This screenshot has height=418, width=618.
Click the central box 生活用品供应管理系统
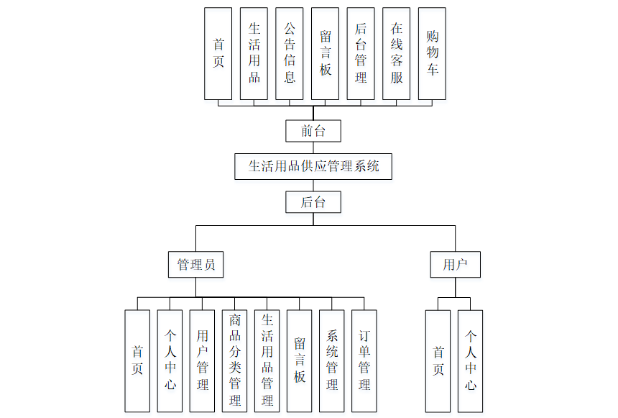[x=313, y=166]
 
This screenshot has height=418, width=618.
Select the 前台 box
[x=313, y=131]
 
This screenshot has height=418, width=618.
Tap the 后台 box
[x=313, y=202]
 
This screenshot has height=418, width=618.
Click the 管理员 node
[x=196, y=264]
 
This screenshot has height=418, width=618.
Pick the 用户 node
[x=455, y=264]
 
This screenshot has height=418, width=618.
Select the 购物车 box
[x=432, y=53]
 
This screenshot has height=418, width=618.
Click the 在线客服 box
[x=397, y=53]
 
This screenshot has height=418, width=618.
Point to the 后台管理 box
[x=361, y=53]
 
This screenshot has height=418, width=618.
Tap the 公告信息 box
[x=290, y=53]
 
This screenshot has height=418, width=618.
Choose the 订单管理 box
[x=364, y=360]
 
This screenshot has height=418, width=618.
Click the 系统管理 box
[x=332, y=360]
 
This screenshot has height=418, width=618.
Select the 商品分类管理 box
[x=235, y=360]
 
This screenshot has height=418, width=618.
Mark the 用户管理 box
[x=203, y=360]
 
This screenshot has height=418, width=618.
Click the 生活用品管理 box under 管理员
[x=267, y=360]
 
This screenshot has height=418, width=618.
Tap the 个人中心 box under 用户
[x=471, y=360]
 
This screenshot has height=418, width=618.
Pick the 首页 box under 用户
[x=438, y=360]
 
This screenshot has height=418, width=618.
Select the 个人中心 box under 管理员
[x=170, y=360]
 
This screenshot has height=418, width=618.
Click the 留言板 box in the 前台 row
[x=326, y=53]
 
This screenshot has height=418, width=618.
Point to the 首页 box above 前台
[x=218, y=53]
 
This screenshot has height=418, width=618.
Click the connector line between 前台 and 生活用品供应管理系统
[x=313, y=147]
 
